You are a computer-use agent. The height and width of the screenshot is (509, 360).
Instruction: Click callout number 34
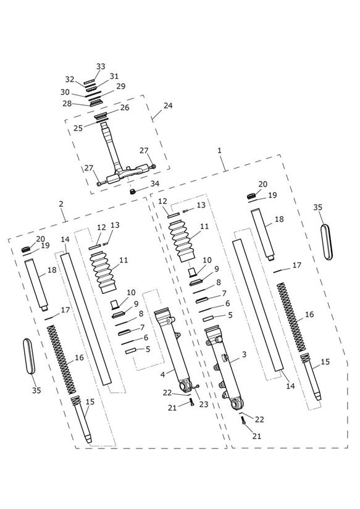154,183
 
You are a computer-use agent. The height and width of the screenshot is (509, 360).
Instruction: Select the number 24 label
168,106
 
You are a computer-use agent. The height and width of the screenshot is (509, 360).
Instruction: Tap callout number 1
220,150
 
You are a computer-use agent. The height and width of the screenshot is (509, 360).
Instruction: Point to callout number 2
61,204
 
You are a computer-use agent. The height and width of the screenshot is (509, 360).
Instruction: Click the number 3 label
244,355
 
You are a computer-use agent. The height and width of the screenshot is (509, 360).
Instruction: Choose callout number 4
162,374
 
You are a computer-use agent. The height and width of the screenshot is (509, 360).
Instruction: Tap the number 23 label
204,405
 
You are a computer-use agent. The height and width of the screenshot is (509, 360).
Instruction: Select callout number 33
101,66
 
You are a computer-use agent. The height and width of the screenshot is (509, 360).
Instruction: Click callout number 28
67,104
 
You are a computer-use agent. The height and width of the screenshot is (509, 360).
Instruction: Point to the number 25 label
78,128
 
